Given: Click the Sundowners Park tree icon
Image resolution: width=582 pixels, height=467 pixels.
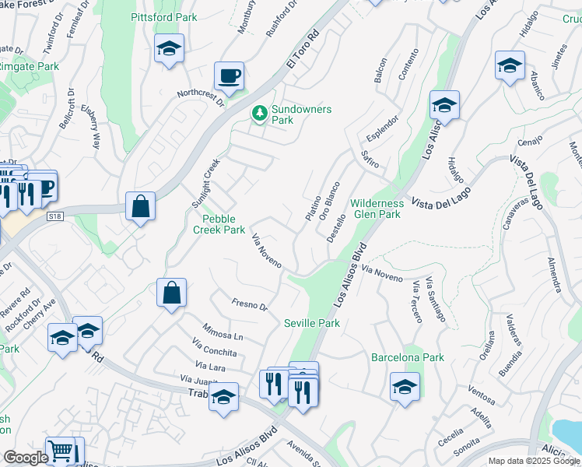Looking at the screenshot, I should [x=258, y=114].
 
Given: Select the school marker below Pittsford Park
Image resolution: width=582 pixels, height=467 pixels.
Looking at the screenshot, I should [x=169, y=50].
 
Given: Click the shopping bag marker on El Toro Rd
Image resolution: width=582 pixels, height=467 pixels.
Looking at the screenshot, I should [x=140, y=208].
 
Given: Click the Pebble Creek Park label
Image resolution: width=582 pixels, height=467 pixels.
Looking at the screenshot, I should [x=219, y=224].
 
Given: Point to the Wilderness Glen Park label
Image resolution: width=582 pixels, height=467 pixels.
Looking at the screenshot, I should [x=376, y=208].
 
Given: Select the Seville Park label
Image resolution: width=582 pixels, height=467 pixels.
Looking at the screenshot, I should [x=311, y=323].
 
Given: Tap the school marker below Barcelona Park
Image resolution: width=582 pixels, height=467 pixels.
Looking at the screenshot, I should [x=405, y=388].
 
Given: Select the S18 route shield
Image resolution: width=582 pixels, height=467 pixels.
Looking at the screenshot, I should [x=54, y=216].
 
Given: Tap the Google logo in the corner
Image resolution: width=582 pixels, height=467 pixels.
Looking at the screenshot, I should [x=25, y=457].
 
